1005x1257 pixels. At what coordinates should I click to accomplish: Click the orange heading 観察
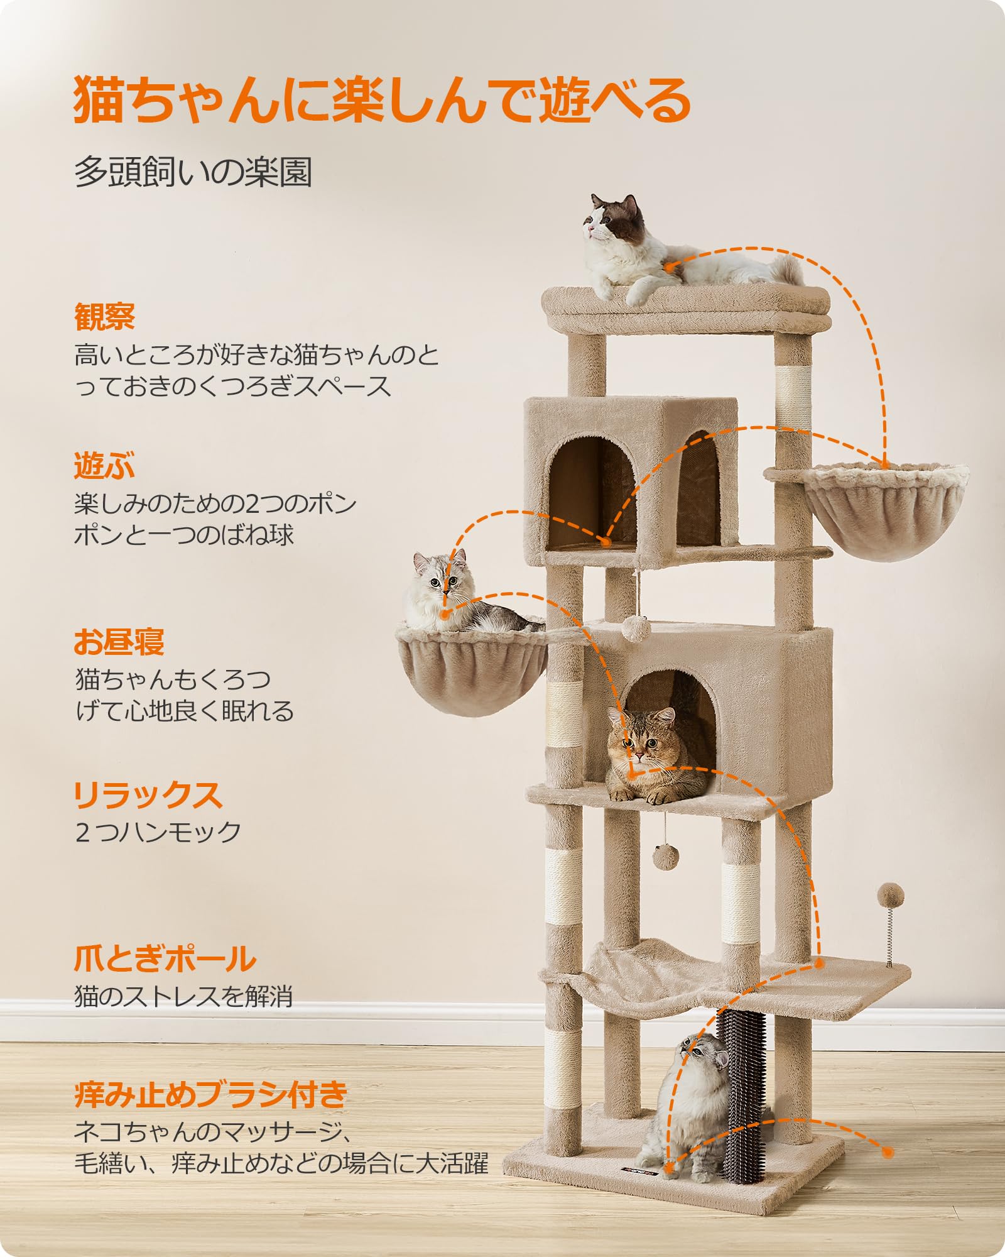point(105,317)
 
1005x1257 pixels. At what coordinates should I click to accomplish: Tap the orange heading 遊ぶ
point(105,466)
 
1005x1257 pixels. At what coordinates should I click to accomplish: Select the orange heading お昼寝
point(119,642)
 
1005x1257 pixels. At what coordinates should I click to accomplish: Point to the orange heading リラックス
point(148,795)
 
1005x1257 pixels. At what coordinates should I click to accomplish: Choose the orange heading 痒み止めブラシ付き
point(211,1094)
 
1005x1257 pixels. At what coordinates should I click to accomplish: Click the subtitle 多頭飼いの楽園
point(193,172)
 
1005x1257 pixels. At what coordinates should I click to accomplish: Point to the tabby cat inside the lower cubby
point(653,757)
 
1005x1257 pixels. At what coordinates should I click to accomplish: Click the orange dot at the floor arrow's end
point(888,1153)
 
